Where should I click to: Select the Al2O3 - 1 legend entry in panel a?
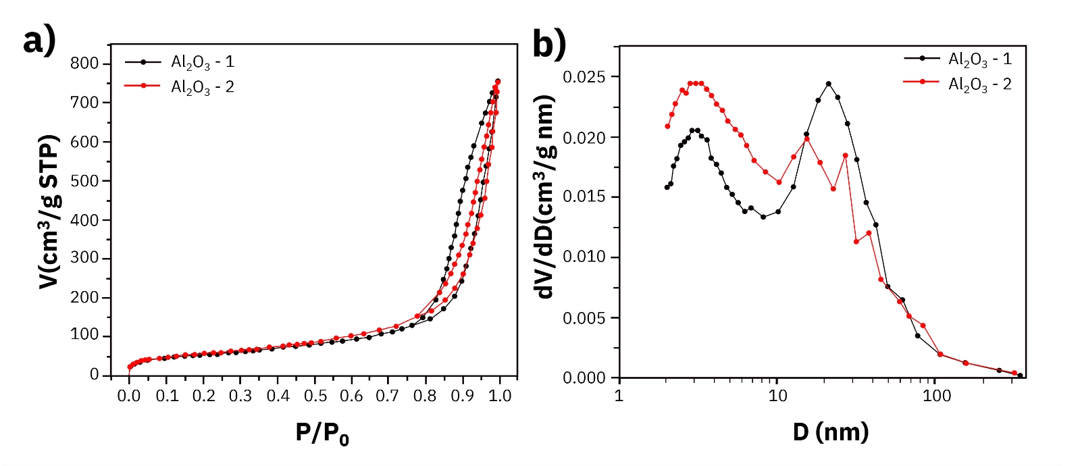(x=202, y=62)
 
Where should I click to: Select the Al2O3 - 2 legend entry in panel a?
(x=202, y=87)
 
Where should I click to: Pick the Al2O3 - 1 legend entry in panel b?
(x=979, y=59)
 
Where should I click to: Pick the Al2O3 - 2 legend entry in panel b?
(x=979, y=84)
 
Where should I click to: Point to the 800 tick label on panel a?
(x=84, y=63)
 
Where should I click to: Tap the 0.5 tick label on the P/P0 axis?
(x=314, y=396)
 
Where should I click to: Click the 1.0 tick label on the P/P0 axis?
(x=499, y=396)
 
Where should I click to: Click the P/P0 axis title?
(x=322, y=433)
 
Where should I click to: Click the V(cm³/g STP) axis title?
(x=49, y=211)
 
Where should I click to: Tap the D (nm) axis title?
(x=830, y=432)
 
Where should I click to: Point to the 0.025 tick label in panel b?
(x=584, y=77)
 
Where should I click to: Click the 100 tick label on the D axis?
(x=936, y=396)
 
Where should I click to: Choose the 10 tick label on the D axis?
(x=777, y=396)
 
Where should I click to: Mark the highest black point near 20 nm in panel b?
(x=828, y=84)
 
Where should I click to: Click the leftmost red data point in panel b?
(x=667, y=126)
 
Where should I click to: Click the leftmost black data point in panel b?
(x=667, y=187)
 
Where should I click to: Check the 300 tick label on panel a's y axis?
(x=84, y=259)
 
